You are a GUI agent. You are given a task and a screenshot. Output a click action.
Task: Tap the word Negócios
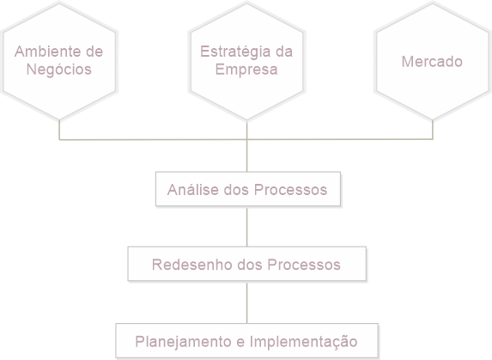59,70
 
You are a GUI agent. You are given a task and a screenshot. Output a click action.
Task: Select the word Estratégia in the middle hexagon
235,52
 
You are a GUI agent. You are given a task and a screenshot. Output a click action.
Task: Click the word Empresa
246,70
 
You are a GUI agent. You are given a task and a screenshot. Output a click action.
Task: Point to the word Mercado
432,62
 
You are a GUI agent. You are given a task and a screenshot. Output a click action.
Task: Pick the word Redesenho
192,265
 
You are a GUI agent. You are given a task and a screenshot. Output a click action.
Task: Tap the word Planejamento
183,342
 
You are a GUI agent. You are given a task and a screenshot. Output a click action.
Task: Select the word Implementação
303,342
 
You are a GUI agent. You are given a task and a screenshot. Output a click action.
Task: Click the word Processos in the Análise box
290,190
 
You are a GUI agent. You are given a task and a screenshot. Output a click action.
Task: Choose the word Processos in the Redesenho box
304,265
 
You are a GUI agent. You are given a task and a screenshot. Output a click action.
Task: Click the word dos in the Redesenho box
250,265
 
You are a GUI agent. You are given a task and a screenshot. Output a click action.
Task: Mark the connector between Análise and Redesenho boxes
247,226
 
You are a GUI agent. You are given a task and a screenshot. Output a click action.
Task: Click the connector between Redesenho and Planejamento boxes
247,302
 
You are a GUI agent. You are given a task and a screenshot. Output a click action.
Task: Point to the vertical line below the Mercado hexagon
433,130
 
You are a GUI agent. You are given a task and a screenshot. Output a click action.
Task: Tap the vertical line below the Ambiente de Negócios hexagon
59,130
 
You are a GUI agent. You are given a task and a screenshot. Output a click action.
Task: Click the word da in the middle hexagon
284,52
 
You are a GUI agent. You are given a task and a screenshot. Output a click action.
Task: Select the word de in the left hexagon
94,52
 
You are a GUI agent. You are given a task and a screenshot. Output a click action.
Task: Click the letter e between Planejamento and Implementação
240,342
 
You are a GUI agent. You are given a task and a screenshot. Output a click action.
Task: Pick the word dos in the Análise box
236,190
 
